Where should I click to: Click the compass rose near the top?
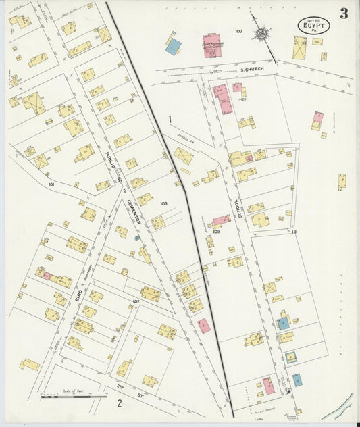coord(260,33)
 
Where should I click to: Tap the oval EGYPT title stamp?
coord(313,26)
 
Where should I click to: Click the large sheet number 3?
coord(344,14)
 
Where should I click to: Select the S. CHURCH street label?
coord(251,70)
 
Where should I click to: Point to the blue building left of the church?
coord(174,47)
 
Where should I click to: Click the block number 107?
coord(238,31)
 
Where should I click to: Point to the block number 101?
coord(51,183)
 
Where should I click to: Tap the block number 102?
coord(136,301)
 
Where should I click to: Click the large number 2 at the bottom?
coord(119,404)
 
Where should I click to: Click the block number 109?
coord(215,232)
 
